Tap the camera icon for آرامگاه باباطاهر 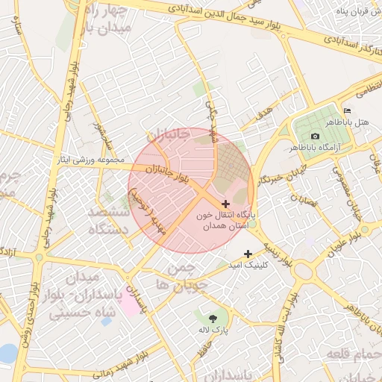pyautogui.click(x=315, y=137)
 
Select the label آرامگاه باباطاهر pyautogui.click(x=345, y=148)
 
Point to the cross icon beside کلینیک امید pyautogui.click(x=248, y=254)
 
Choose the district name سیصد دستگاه pyautogui.click(x=109, y=222)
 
